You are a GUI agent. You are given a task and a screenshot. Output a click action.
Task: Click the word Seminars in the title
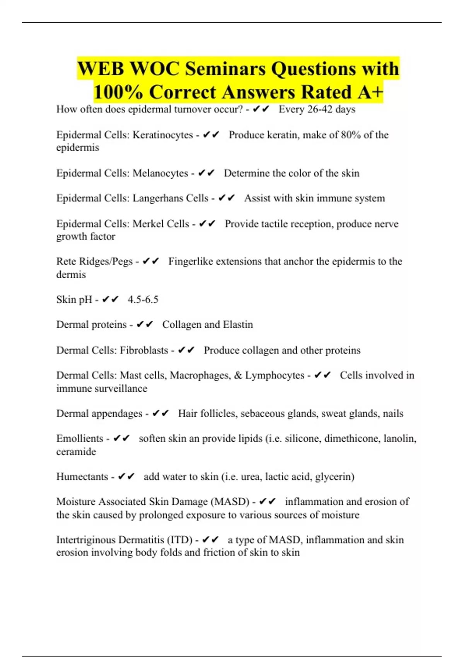click(225, 69)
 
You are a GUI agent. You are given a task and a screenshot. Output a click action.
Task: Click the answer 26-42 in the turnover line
click(319, 109)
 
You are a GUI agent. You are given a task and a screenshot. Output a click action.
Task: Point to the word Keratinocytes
click(163, 135)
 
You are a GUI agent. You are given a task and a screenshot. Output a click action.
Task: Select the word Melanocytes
click(160, 173)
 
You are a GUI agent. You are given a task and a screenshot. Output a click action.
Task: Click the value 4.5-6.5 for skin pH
click(143, 300)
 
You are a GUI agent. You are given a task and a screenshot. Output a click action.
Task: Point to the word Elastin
click(238, 325)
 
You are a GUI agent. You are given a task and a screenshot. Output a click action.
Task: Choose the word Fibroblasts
click(144, 350)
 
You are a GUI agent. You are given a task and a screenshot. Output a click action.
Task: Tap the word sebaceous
click(264, 414)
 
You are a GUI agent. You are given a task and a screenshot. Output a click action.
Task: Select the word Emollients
click(80, 439)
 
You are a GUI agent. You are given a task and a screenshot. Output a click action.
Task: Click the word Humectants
click(82, 477)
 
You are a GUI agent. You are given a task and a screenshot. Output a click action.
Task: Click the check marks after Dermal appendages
click(160, 414)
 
